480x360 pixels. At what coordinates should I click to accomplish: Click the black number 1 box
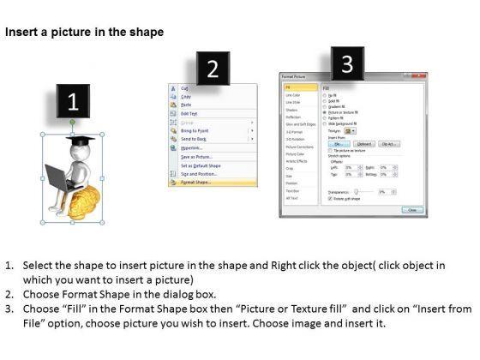[73, 103]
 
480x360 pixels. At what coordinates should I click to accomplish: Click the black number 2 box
[213, 69]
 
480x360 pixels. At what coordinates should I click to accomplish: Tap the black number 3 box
[347, 63]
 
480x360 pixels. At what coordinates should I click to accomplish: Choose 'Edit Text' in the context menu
[188, 112]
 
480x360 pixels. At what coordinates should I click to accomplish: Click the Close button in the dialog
[412, 209]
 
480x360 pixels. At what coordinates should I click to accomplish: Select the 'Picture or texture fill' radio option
[323, 111]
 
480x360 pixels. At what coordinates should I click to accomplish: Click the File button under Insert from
[336, 144]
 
